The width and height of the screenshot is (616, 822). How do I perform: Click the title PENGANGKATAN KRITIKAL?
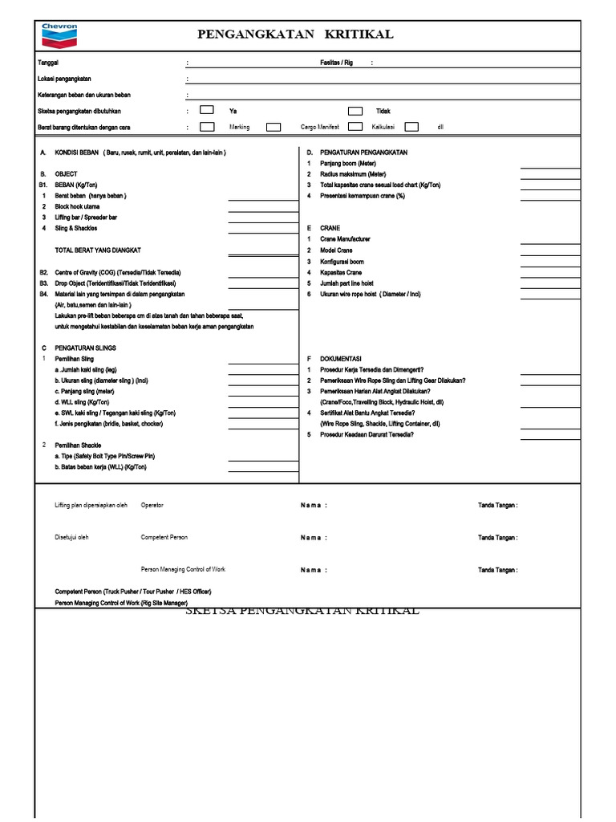click(295, 34)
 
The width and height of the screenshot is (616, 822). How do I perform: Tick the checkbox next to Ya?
click(207, 111)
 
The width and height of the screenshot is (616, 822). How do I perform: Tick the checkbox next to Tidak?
click(355, 111)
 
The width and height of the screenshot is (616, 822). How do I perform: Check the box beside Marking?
click(207, 127)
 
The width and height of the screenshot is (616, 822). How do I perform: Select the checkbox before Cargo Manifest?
click(274, 127)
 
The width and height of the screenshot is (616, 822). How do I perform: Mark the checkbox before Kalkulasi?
click(355, 127)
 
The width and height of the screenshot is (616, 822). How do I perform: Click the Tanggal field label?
click(48, 63)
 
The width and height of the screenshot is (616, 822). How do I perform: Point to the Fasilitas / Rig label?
click(336, 63)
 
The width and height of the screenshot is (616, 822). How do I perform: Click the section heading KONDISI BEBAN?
click(76, 153)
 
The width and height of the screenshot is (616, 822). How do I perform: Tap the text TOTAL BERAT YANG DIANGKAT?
click(98, 250)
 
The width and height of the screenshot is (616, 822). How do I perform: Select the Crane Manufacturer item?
click(345, 239)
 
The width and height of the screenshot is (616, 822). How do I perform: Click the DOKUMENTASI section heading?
click(341, 359)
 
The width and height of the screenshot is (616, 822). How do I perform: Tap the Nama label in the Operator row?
click(314, 506)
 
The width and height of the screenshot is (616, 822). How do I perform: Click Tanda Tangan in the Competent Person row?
click(497, 538)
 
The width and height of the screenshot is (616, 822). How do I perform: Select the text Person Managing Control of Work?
click(183, 569)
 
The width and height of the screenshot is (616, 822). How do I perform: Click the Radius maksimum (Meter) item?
click(353, 174)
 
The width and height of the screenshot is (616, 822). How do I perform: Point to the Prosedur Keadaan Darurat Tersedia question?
click(367, 434)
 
